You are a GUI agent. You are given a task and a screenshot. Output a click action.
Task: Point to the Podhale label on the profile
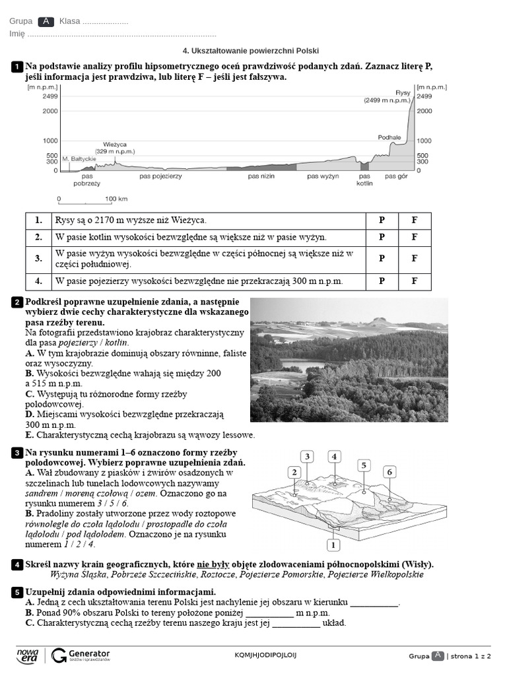[389, 137]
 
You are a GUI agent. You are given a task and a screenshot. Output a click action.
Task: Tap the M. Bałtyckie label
[79, 158]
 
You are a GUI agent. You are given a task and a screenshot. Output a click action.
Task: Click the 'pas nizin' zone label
[261, 176]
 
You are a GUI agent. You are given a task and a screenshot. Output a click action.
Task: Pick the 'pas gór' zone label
[397, 176]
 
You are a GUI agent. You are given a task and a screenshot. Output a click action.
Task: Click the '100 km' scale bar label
[116, 199]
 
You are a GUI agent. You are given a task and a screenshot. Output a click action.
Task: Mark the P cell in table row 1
[382, 220]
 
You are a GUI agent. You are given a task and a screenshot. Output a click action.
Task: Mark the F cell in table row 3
[415, 259]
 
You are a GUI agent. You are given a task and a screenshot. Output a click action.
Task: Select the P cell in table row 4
[382, 281]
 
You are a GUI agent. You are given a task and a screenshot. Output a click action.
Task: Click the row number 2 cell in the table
[39, 237]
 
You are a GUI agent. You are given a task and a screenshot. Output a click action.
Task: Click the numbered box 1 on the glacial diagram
[333, 545]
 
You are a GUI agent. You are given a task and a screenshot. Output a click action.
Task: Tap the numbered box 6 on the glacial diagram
[389, 471]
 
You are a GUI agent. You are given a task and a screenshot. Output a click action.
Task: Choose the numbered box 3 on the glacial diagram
[307, 456]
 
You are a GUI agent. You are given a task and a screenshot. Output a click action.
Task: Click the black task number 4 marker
[17, 565]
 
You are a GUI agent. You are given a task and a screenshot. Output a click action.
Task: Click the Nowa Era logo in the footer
[28, 655]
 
